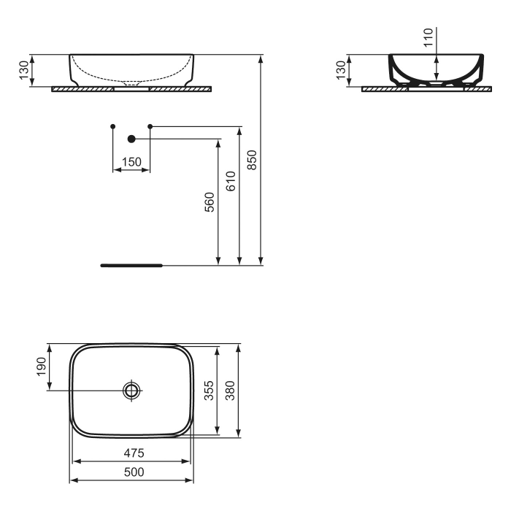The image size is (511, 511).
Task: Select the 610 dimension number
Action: click(231, 180)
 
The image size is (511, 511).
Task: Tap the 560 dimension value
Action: click(210, 201)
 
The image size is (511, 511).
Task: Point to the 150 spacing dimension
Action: click(131, 162)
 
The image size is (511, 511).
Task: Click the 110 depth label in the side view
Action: click(428, 36)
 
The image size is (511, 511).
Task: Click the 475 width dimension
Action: click(133, 453)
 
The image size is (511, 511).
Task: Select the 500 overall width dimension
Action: click(133, 472)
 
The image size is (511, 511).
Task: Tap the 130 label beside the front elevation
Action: click(23, 70)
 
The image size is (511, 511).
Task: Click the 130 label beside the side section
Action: click(340, 70)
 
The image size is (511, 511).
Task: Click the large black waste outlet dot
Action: click(131, 138)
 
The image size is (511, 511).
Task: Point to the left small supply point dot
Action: click(112, 127)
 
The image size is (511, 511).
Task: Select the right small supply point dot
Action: click(150, 127)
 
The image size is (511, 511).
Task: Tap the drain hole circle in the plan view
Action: click(131, 391)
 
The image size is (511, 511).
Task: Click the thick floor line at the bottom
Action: click(131, 266)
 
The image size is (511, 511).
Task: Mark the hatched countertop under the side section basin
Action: click(380, 89)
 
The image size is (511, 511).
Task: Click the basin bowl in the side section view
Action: click(435, 69)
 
